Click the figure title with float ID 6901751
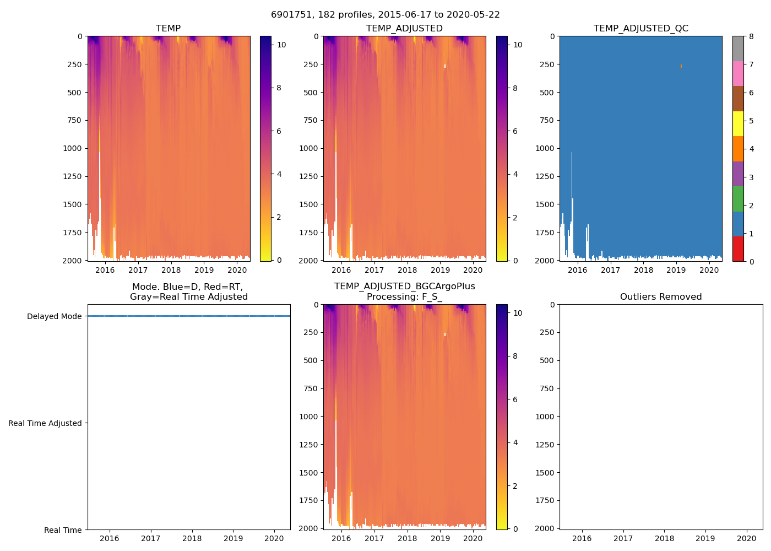(x=385, y=15)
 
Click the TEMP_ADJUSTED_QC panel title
(x=640, y=28)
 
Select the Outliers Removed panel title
(x=661, y=296)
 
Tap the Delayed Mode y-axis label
(x=54, y=316)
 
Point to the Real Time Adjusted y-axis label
(x=45, y=423)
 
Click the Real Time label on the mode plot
(x=63, y=530)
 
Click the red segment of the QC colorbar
(x=738, y=249)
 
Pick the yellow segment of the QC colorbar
(x=738, y=123)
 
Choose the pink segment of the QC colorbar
(x=738, y=73)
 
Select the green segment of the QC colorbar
(x=738, y=199)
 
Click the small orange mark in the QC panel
(x=681, y=66)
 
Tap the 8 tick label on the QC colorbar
(x=751, y=37)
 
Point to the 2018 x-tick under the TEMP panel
(x=171, y=270)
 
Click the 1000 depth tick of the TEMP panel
(x=72, y=148)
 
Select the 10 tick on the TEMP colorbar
(x=281, y=45)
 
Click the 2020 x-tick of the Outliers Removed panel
(x=747, y=538)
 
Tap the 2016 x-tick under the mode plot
(x=110, y=538)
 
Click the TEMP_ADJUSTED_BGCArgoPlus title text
(x=404, y=287)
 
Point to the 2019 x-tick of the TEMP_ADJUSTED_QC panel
(x=676, y=270)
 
